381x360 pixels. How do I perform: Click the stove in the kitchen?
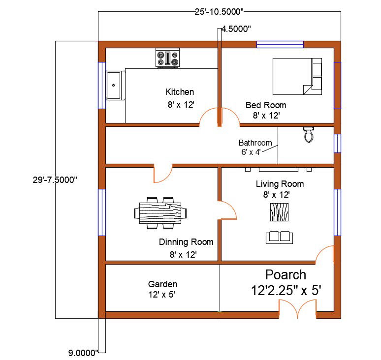click(168, 59)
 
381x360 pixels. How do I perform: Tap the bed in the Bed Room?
click(297, 76)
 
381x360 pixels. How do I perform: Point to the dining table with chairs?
click(160, 213)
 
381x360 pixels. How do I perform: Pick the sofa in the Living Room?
click(280, 237)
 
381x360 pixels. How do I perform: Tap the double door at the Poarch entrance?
click(297, 310)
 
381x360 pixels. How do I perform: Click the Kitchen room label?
click(180, 92)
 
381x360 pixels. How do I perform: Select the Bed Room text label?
click(266, 105)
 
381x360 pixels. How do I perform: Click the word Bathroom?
click(255, 143)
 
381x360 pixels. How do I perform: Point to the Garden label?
click(162, 284)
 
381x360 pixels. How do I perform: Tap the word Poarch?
click(286, 275)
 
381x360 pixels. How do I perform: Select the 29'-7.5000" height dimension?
click(52, 180)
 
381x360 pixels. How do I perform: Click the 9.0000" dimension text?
click(83, 352)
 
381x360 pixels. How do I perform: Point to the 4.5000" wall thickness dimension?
click(236, 29)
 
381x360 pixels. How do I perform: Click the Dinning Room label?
click(186, 242)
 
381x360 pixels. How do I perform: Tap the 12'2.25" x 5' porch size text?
click(286, 291)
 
